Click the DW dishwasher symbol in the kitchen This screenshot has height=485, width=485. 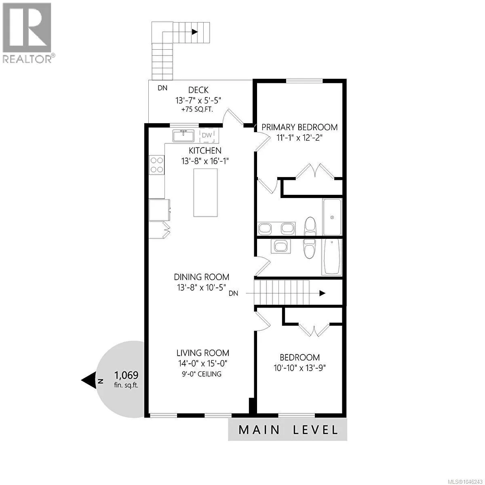tap(207, 135)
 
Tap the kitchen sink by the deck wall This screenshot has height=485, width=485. tap(183, 136)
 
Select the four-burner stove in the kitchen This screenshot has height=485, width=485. tap(156, 165)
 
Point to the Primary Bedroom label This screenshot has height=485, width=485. tap(299, 127)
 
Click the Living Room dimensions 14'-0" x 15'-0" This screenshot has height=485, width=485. tap(203, 363)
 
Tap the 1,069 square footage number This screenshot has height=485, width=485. tap(127, 375)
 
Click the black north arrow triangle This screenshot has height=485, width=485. tap(89, 381)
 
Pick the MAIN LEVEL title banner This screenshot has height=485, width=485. tap(288, 430)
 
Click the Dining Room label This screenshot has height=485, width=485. tap(202, 277)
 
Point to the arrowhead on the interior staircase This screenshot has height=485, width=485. tap(323, 293)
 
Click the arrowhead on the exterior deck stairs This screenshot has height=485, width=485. tap(195, 32)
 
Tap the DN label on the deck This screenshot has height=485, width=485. tap(162, 88)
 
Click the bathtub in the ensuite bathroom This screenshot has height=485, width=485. tap(332, 217)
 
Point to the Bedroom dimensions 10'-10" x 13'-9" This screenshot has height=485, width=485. tap(300, 368)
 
